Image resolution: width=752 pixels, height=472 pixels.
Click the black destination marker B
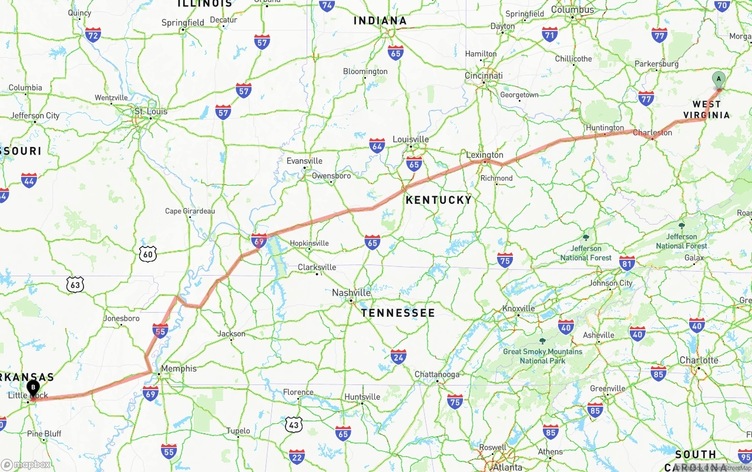[x=33, y=388]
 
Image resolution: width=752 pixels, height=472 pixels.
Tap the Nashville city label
[x=351, y=293]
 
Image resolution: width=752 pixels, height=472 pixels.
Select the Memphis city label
[x=179, y=369]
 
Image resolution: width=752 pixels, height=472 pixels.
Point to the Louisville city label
[x=411, y=139]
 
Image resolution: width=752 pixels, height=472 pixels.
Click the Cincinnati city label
[x=484, y=76]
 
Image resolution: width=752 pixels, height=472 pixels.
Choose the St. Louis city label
[x=151, y=111]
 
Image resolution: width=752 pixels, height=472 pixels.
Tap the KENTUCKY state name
[x=439, y=200]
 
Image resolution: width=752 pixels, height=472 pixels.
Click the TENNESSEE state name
[x=398, y=313]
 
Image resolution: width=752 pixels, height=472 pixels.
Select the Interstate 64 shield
[x=377, y=146]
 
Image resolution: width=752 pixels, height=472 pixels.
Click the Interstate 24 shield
[x=398, y=356]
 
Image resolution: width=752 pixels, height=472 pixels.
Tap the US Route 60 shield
[x=148, y=254]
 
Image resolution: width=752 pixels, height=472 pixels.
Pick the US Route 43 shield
[x=294, y=424]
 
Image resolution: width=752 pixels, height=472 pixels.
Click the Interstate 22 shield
[x=297, y=456]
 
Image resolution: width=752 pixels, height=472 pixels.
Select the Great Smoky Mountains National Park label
[x=542, y=356]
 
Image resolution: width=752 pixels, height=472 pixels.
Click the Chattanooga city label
[x=437, y=374]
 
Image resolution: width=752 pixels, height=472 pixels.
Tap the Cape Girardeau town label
[x=190, y=211]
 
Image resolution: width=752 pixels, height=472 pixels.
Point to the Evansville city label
[x=304, y=161]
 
